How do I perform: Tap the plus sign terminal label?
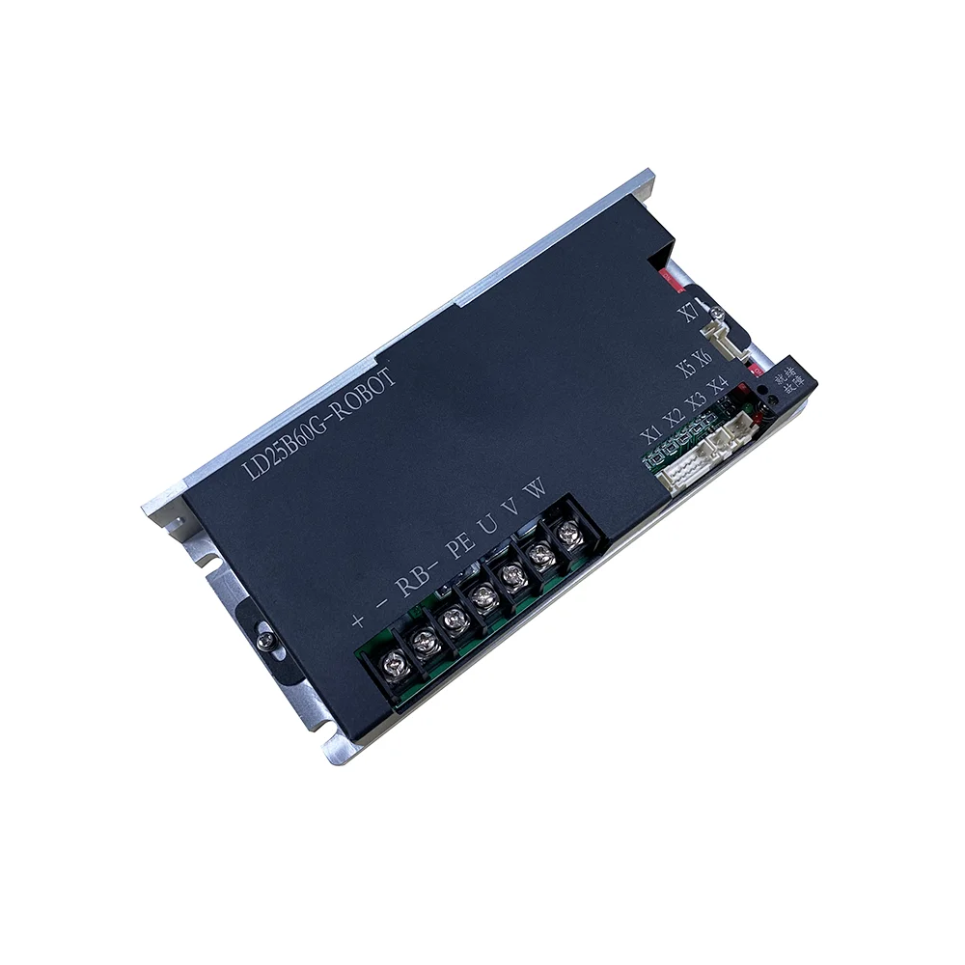point(357,620)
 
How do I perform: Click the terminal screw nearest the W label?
point(570,530)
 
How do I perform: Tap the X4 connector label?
point(719,388)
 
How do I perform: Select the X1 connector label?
point(651,435)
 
